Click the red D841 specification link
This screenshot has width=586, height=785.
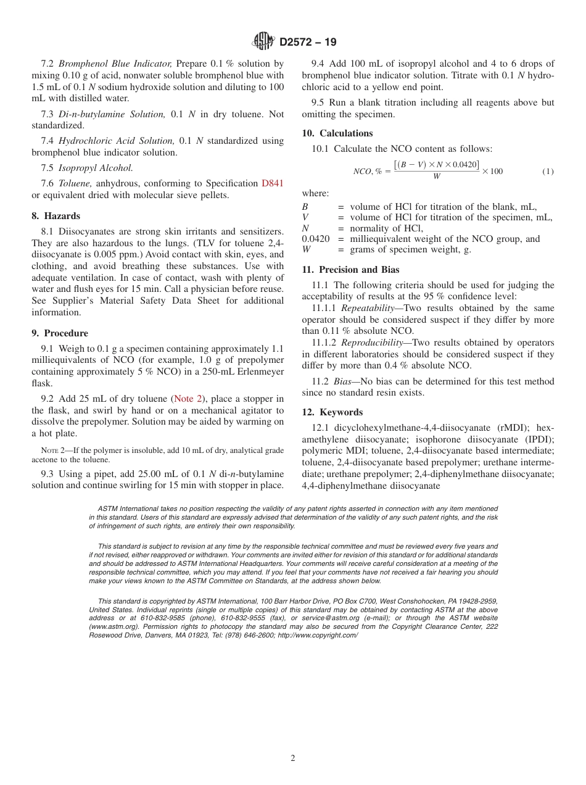pos(273,183)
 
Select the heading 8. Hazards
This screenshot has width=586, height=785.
pos(56,216)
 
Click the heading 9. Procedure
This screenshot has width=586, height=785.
pos(60,333)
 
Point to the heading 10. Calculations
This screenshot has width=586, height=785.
pos(337,133)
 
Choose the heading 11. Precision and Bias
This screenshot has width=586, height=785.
pos(350,270)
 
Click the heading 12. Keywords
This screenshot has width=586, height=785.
pos(332,412)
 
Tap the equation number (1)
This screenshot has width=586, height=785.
pos(548,171)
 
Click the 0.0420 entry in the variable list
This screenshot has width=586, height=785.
pos(316,239)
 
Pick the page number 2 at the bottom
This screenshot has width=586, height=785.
pos(293,758)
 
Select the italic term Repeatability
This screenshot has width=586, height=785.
pos(368,309)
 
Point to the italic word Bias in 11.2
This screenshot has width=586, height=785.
pos(342,381)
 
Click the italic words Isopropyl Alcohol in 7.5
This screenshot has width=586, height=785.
pos(96,168)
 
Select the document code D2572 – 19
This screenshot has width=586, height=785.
pos(308,43)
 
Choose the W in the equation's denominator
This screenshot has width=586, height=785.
pos(437,177)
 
